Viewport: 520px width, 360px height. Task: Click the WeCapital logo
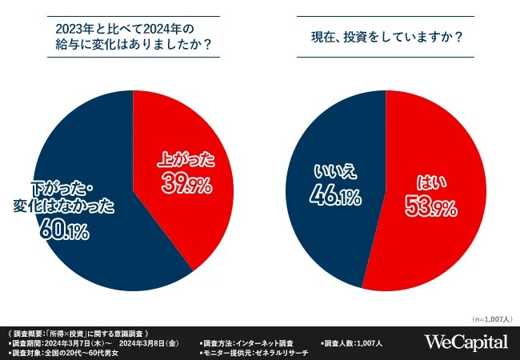tap(466, 342)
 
